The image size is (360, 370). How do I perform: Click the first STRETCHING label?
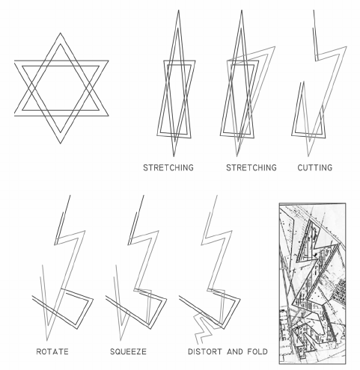pyautogui.click(x=168, y=168)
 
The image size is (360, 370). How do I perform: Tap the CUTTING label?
pyautogui.click(x=314, y=168)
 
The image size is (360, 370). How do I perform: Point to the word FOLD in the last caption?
pyautogui.click(x=255, y=351)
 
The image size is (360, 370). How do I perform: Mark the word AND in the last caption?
pyautogui.click(x=234, y=351)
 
